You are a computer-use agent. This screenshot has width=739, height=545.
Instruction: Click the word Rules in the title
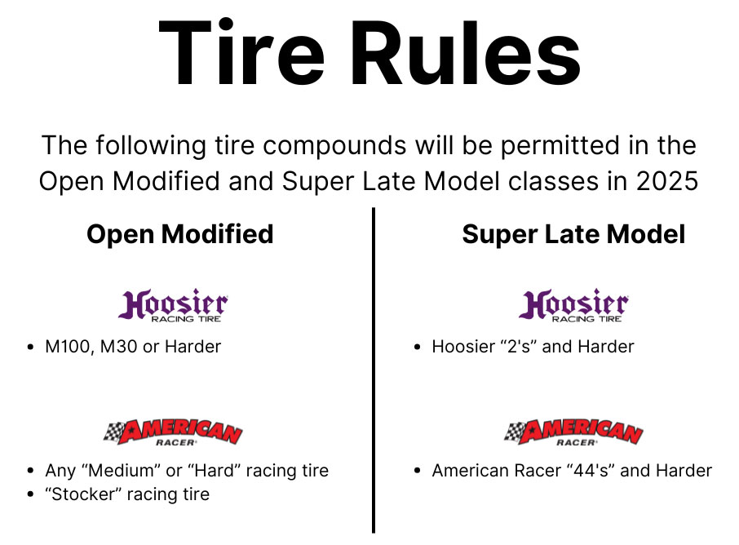(463, 54)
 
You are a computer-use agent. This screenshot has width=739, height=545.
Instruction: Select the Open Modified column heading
(180, 235)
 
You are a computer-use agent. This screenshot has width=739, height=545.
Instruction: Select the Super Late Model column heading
(573, 235)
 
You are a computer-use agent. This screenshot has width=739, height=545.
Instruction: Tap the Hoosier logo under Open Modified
(173, 306)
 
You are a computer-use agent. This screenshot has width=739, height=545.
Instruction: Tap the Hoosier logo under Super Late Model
(573, 306)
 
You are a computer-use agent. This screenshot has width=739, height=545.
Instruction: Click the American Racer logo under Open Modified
(174, 432)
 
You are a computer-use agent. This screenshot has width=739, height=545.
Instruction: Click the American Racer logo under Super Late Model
(573, 432)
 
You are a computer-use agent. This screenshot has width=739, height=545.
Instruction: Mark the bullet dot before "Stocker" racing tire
(30, 495)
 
